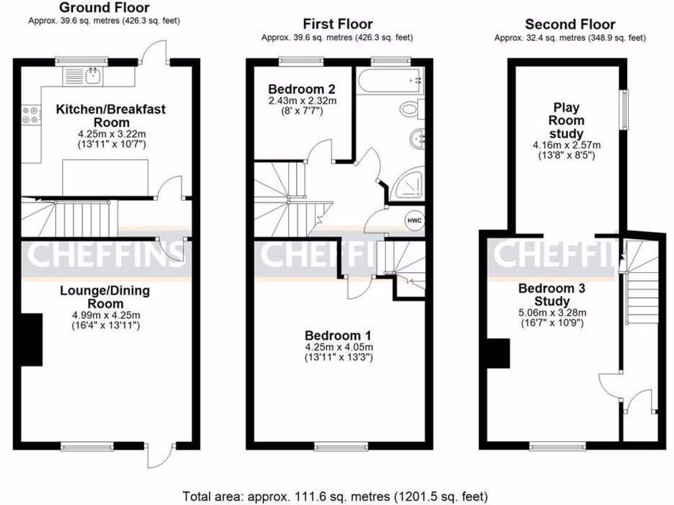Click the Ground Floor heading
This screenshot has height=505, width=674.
pyautogui.click(x=104, y=8)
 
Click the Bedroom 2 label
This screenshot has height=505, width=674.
pyautogui.click(x=302, y=89)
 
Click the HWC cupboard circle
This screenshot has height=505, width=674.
pyautogui.click(x=414, y=221)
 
